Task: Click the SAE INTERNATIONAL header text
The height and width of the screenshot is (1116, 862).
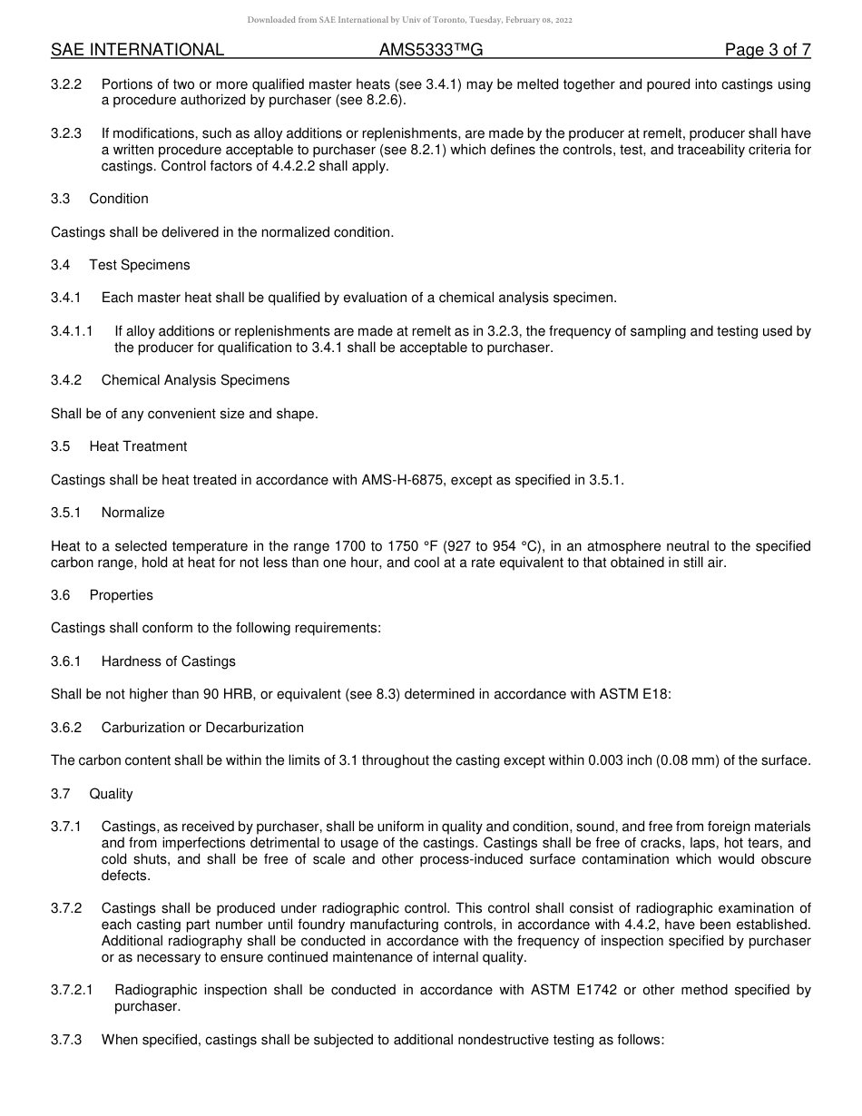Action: click(137, 50)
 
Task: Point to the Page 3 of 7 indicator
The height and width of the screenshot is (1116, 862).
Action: click(767, 50)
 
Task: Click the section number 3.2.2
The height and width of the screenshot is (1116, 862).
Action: click(66, 84)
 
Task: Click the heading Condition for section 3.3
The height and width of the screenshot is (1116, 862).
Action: click(119, 199)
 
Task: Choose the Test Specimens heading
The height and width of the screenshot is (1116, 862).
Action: click(140, 265)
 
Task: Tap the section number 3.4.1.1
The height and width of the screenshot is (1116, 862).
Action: click(72, 331)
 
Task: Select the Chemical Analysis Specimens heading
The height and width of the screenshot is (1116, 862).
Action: click(195, 380)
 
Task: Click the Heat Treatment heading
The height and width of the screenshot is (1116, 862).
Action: click(138, 446)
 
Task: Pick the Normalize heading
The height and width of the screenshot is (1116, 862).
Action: click(132, 513)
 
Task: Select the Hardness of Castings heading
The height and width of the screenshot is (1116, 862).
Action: click(168, 661)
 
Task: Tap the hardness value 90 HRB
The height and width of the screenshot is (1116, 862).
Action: click(214, 695)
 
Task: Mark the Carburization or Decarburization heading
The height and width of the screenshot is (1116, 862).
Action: click(202, 728)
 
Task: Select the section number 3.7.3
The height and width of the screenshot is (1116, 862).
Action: click(66, 1040)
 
